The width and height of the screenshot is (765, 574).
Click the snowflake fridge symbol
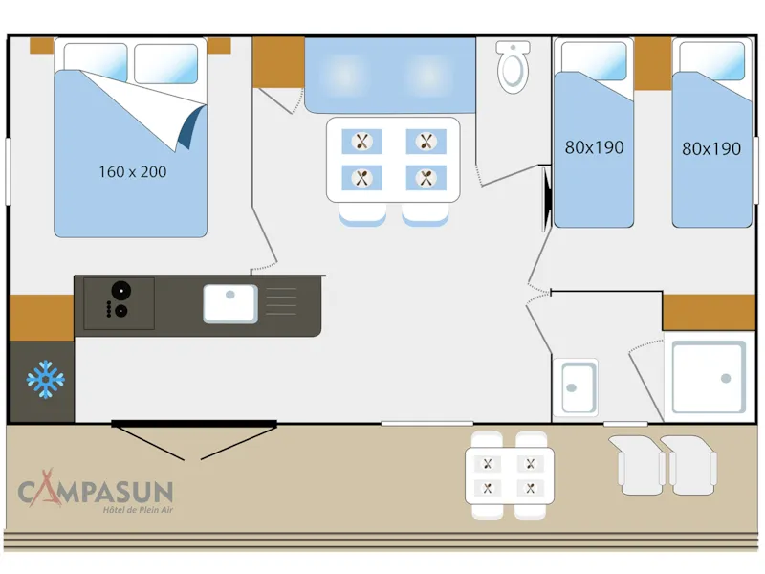click(45, 379)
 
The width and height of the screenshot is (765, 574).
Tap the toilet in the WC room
click(514, 66)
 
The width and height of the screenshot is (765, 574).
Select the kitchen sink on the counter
click(229, 303)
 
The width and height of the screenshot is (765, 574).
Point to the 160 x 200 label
click(132, 172)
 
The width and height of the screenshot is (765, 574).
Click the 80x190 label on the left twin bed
click(594, 147)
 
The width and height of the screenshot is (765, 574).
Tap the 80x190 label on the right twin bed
click(711, 148)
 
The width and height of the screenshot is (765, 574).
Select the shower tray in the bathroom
click(708, 377)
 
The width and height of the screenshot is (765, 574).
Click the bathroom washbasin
click(579, 386)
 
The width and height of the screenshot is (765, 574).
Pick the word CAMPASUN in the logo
click(96, 493)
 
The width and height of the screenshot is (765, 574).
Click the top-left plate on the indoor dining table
click(361, 142)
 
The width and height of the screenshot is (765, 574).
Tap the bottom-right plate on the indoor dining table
click(426, 177)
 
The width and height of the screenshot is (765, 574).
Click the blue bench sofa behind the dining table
click(389, 75)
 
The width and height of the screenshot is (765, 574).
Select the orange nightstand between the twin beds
click(653, 63)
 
